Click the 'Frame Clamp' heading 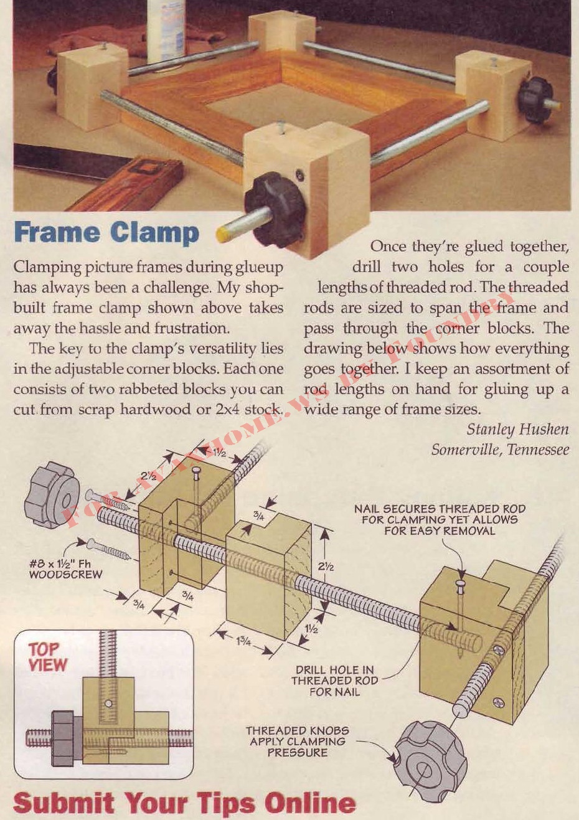point(106,233)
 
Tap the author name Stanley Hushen point(517,430)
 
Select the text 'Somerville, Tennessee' point(500,450)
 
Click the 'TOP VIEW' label point(47,657)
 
